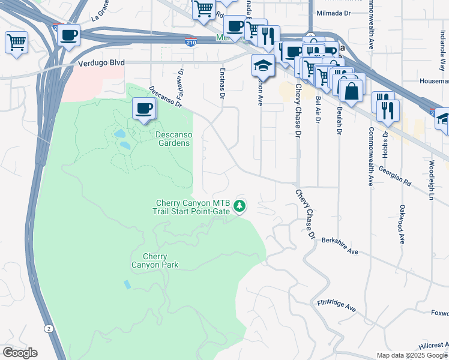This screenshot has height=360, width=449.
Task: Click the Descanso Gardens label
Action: [173, 139]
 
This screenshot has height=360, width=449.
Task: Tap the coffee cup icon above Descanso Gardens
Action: [143, 109]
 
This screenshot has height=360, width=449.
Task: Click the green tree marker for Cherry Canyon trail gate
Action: [240, 206]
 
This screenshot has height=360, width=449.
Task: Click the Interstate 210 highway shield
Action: [190, 41]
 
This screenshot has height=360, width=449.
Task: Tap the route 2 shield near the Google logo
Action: [47, 328]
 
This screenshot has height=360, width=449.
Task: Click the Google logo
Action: [20, 353]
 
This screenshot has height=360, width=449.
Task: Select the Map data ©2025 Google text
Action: [411, 355]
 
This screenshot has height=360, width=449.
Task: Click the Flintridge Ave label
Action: [337, 305]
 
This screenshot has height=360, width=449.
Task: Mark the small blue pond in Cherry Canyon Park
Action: [127, 284]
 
